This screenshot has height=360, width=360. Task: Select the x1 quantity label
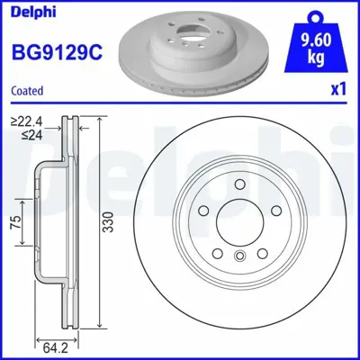(x=340, y=90)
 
